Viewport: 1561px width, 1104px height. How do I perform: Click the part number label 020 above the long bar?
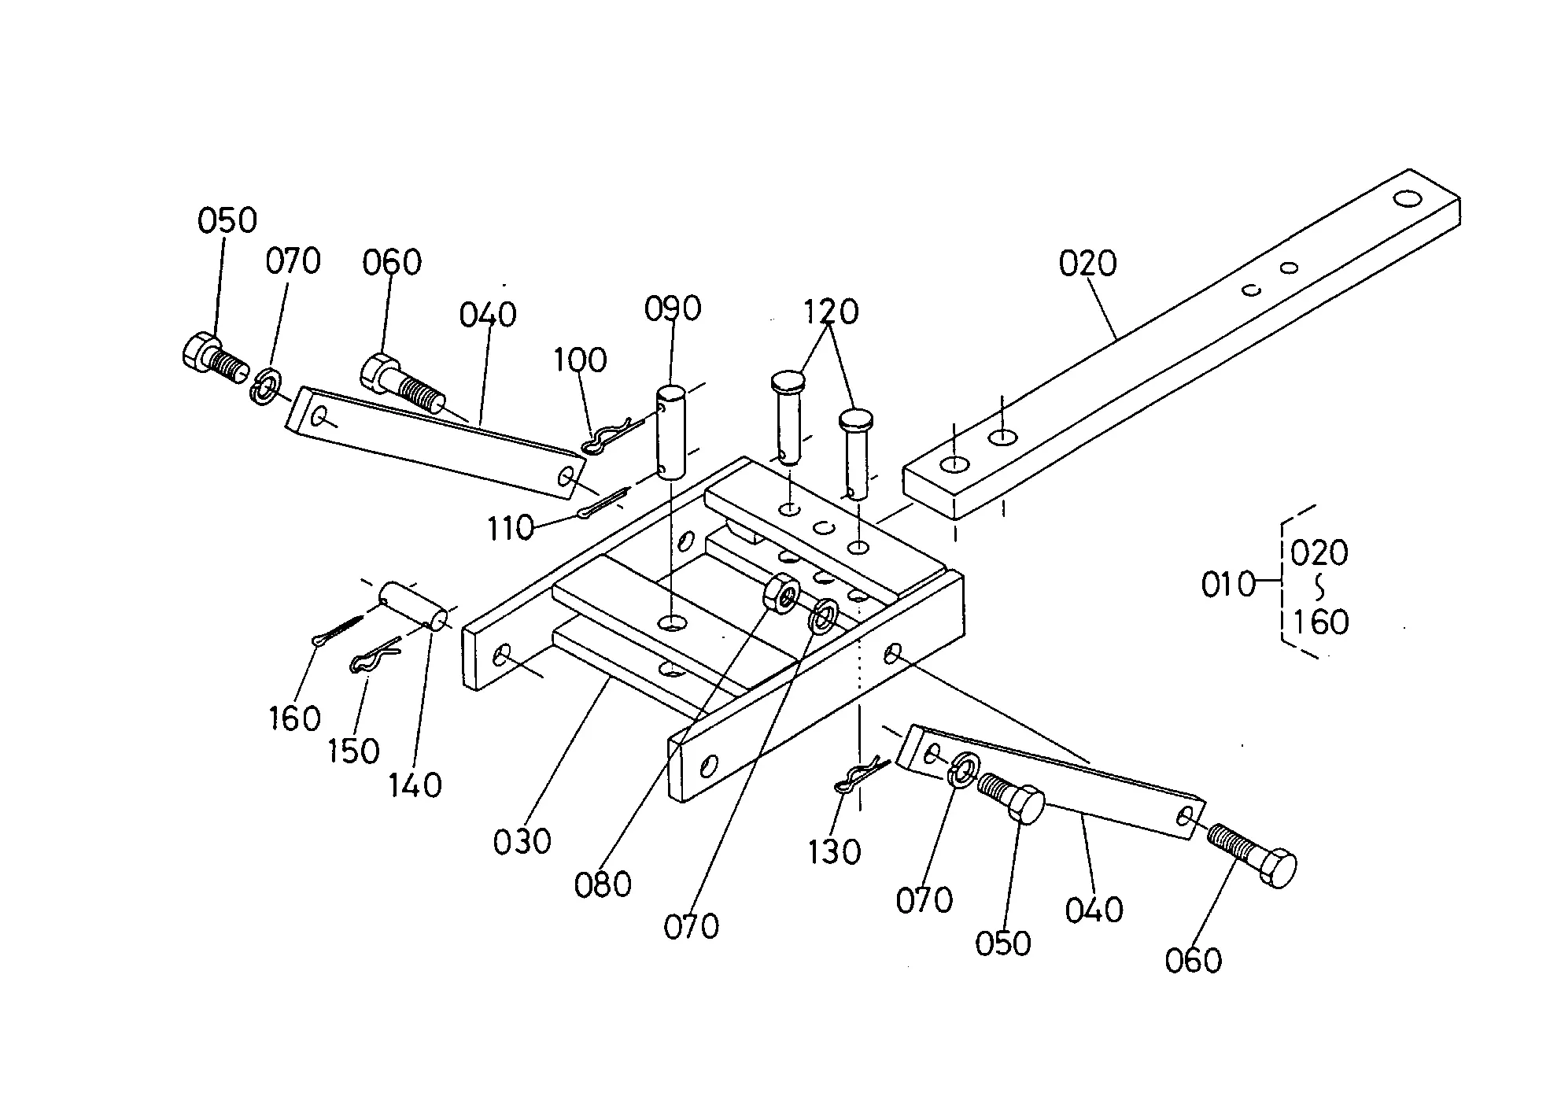pos(1087,264)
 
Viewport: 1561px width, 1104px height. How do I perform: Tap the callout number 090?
pos(673,309)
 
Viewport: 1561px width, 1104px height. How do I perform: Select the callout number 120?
pos(831,312)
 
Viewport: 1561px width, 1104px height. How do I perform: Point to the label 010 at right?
pos(1228,585)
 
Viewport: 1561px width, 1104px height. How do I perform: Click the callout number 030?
pos(522,842)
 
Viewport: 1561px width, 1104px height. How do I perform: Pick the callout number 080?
pos(603,884)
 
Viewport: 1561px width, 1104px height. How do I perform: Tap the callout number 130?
pos(834,851)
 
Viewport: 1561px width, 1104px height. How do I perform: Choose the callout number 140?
pos(415,785)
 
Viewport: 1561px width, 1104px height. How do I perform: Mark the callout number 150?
pos(353,751)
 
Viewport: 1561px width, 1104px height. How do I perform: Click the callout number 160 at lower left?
pos(294,718)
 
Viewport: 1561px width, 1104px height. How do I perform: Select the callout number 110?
pos(511,529)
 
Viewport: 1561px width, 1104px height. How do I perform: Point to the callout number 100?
pos(580,360)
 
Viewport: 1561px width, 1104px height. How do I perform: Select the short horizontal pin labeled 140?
pos(414,606)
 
